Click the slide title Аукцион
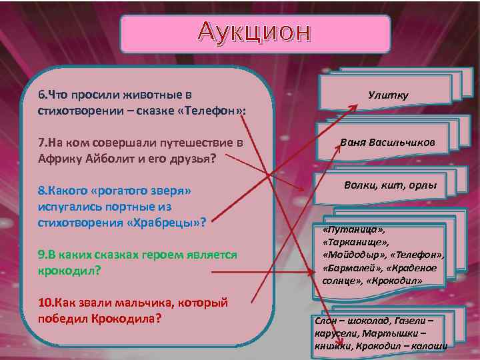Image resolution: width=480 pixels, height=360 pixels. click(255, 32)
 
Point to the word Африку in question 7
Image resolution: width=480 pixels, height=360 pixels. click(59, 159)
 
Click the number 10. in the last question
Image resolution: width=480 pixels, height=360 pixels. click(47, 303)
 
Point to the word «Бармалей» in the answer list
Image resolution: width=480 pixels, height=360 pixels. click(347, 268)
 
